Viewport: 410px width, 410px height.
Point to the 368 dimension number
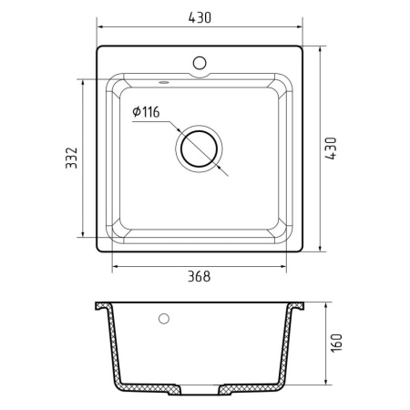click(200, 277)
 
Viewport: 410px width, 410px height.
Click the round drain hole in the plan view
click(200, 149)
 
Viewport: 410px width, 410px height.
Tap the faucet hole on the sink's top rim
click(200, 64)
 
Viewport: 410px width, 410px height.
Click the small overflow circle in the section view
click(164, 320)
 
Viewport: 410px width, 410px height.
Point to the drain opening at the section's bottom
click(200, 394)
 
